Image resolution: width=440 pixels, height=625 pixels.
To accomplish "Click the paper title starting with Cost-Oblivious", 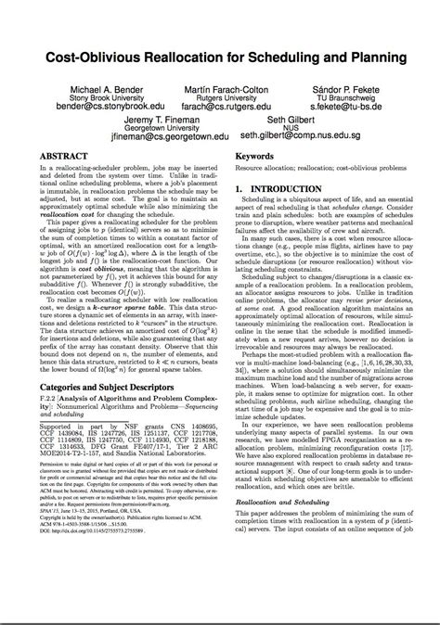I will [220, 58].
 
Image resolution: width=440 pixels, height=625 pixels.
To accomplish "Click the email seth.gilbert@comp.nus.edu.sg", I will [302, 143].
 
